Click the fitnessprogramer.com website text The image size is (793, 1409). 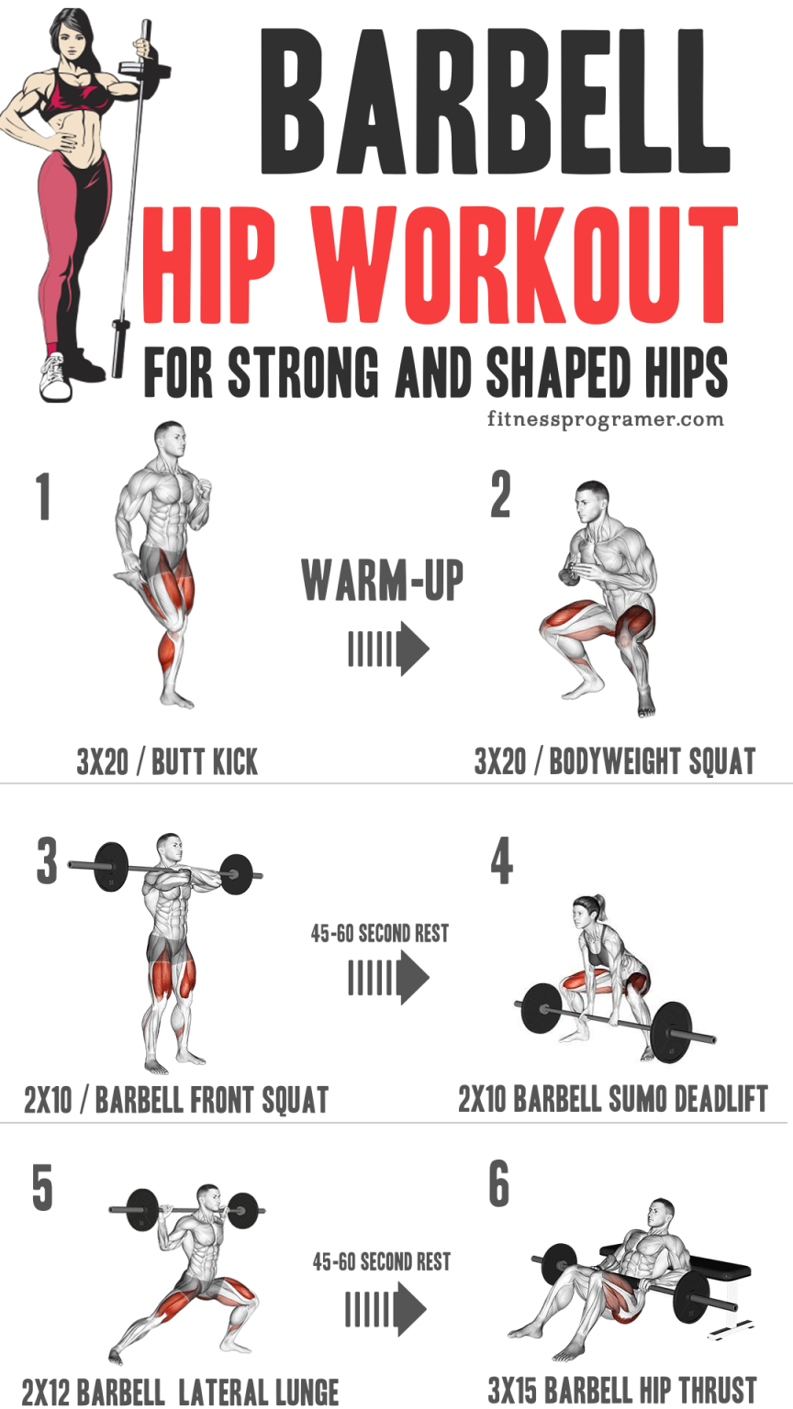coord(606,419)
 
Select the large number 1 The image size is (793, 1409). coord(43,496)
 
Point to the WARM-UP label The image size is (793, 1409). coord(382,580)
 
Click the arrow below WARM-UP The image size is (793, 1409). coord(388,649)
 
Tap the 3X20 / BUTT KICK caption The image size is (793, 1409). coord(167,761)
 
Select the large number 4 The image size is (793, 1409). coord(501,862)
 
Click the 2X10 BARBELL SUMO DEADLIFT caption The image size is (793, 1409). coord(612,1098)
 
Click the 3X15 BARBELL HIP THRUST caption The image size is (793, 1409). coord(622,1388)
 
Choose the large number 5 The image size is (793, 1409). coord(42,1189)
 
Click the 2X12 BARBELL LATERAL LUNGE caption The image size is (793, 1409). coord(180,1391)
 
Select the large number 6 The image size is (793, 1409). coord(499,1184)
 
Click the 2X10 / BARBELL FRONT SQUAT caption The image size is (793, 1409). coord(176,1099)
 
